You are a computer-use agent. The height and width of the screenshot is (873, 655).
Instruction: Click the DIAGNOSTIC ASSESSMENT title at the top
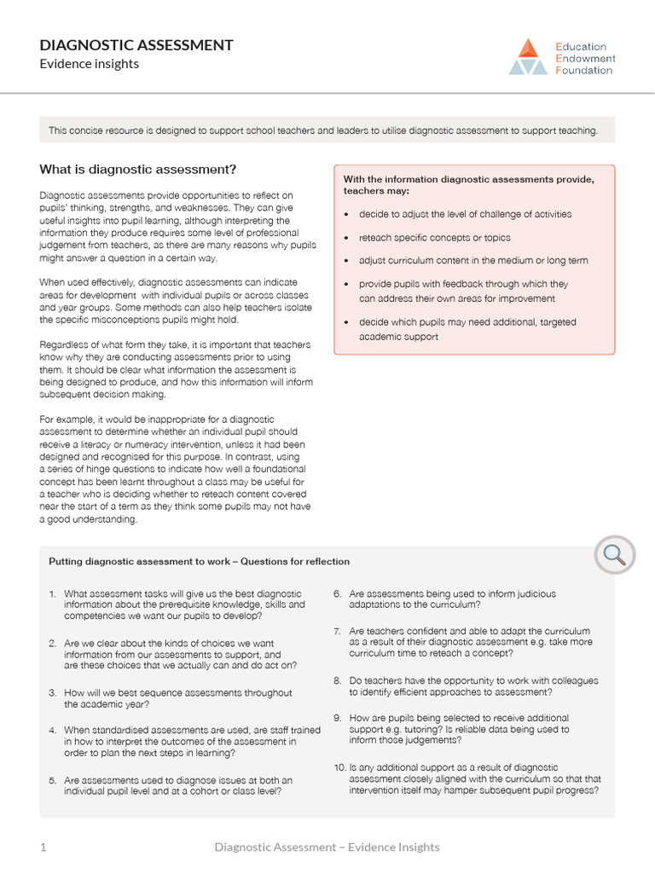pyautogui.click(x=136, y=45)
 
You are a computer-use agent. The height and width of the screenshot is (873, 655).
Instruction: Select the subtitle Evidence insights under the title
pyautogui.click(x=89, y=64)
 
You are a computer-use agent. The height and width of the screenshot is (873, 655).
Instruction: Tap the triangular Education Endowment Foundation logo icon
pyautogui.click(x=528, y=57)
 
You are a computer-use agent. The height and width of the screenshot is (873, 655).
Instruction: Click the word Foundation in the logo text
pyautogui.click(x=583, y=71)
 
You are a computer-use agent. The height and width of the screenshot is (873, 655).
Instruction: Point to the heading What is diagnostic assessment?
pyautogui.click(x=138, y=169)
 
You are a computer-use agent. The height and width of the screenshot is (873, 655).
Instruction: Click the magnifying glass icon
pyautogui.click(x=614, y=555)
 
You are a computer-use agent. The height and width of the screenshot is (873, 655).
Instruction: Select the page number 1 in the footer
pyautogui.click(x=43, y=847)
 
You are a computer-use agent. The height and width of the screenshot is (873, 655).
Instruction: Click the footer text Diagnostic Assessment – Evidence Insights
pyautogui.click(x=327, y=847)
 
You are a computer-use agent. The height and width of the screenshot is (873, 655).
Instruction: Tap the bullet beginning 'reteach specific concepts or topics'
pyautogui.click(x=434, y=238)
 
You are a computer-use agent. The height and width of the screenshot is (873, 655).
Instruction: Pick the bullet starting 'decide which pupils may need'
pyautogui.click(x=467, y=322)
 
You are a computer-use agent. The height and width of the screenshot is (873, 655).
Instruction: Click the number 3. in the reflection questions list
pyautogui.click(x=52, y=693)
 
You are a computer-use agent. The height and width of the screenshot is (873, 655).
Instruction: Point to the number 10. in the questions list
pyautogui.click(x=339, y=767)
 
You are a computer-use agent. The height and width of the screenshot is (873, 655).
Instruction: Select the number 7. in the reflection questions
pyautogui.click(x=338, y=631)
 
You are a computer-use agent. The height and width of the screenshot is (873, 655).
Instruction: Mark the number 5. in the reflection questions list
pyautogui.click(x=52, y=780)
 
